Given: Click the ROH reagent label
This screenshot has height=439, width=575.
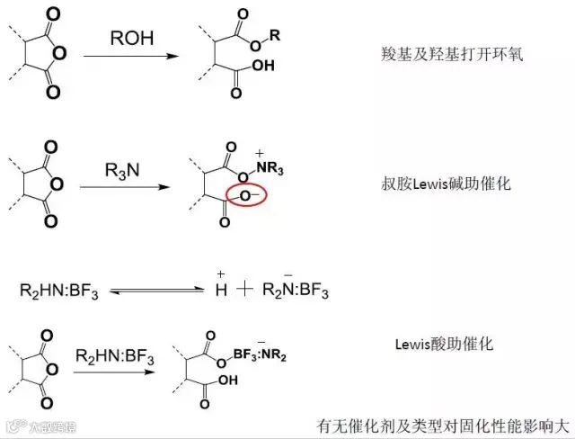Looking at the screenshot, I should (132, 39).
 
